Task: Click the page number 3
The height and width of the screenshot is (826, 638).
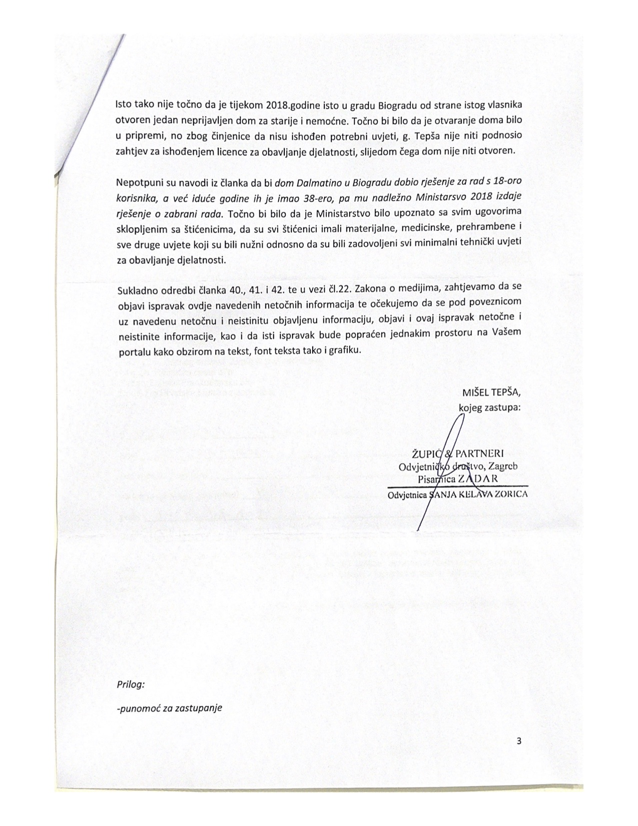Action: tap(519, 741)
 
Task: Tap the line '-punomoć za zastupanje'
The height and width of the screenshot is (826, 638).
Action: tap(169, 708)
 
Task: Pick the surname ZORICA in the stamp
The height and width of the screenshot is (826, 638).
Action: tap(509, 495)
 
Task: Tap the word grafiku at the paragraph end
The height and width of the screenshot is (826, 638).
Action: tap(345, 351)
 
